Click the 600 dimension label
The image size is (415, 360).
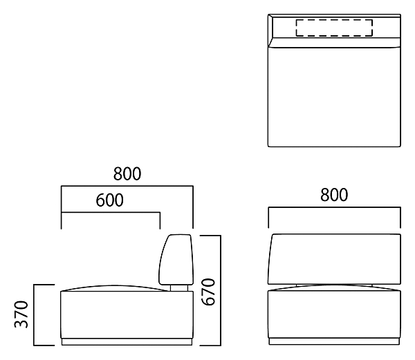coord(109,200)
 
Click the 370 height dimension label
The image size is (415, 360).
coord(21,314)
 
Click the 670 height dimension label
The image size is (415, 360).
coord(208,292)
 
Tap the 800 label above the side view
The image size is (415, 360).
coord(127,174)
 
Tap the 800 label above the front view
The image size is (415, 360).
coord(334,195)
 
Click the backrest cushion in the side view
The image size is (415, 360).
coord(176,260)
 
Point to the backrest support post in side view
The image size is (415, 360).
coord(179,288)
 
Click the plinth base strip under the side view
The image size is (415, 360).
coord(127,342)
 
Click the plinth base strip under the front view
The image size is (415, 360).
coord(334,341)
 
